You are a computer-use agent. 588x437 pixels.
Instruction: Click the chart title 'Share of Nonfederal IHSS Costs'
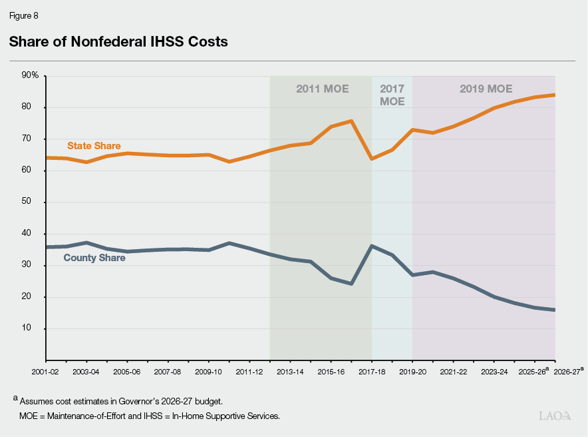coord(118,42)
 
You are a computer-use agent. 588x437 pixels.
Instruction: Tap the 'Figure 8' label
coord(24,15)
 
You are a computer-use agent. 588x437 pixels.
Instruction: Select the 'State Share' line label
coord(94,145)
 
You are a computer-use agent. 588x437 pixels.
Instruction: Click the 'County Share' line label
coord(94,257)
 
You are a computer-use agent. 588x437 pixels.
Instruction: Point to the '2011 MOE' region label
coord(322,89)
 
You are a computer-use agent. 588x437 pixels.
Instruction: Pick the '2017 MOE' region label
coord(392,95)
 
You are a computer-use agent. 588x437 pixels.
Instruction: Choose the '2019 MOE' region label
coord(486,89)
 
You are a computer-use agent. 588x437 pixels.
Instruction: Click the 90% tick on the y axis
coord(31,75)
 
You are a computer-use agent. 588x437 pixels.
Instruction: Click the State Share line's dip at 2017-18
coord(371,159)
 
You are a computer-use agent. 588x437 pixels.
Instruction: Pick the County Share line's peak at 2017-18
coord(371,246)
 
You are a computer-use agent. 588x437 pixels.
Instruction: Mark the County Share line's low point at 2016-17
coord(351,284)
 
